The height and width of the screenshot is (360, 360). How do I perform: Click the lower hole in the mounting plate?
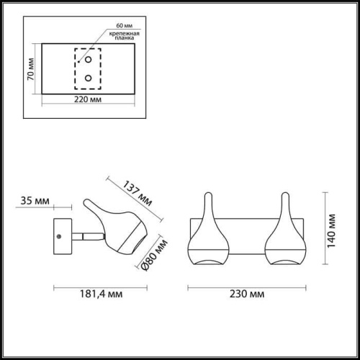tap(88, 77)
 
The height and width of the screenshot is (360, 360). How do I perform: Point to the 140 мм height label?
tap(331, 228)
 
